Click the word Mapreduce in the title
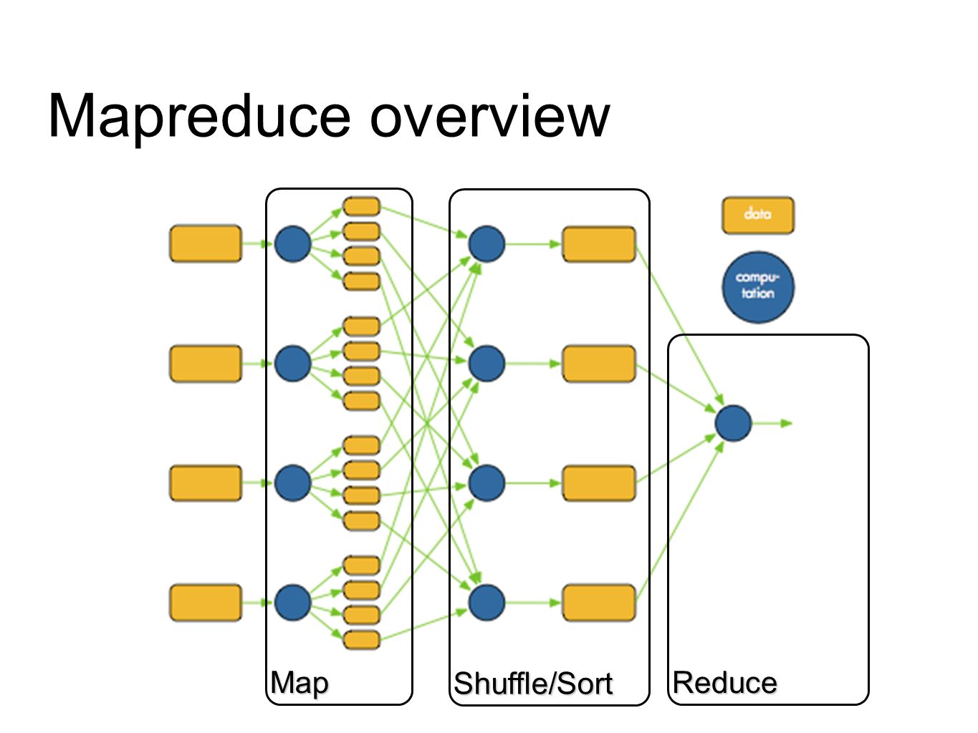pos(198,117)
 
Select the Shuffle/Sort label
pos(533,683)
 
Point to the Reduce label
pos(725,683)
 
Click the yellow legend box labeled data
pos(757,215)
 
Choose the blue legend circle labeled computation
pos(757,287)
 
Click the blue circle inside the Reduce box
pos(733,423)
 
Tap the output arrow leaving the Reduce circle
pos(772,423)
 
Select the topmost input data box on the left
pos(206,243)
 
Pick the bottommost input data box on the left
pos(206,603)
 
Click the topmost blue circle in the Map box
pos(293,244)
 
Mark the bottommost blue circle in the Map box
pos(293,603)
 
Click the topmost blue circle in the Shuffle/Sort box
pos(486,244)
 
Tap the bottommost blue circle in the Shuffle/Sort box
pos(486,603)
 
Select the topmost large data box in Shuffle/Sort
pos(599,244)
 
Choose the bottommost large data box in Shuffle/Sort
pos(599,603)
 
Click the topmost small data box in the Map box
pos(361,206)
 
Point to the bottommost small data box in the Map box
pos(361,640)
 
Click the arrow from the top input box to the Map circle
pos(257,244)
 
